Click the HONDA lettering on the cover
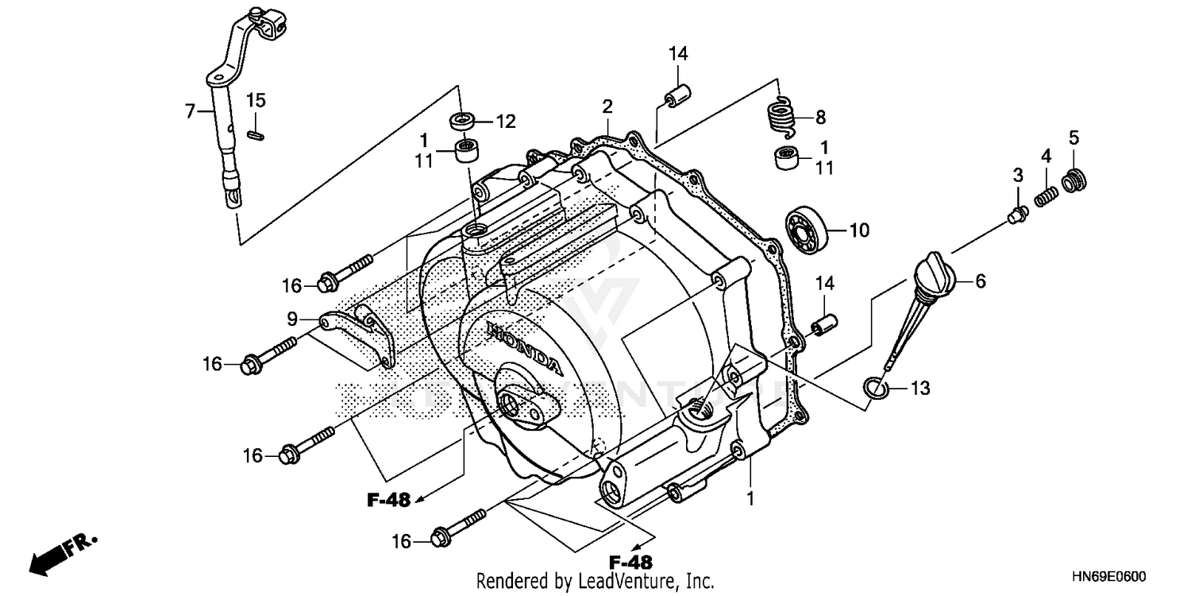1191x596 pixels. coord(523,350)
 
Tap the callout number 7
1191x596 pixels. coord(190,111)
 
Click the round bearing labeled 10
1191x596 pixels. coord(808,230)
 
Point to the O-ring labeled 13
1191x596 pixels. coord(873,388)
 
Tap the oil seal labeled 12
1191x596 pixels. coord(462,122)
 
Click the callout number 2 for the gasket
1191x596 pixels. coord(607,106)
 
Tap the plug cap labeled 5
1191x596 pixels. coord(1075,180)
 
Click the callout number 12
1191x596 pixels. coord(506,122)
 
